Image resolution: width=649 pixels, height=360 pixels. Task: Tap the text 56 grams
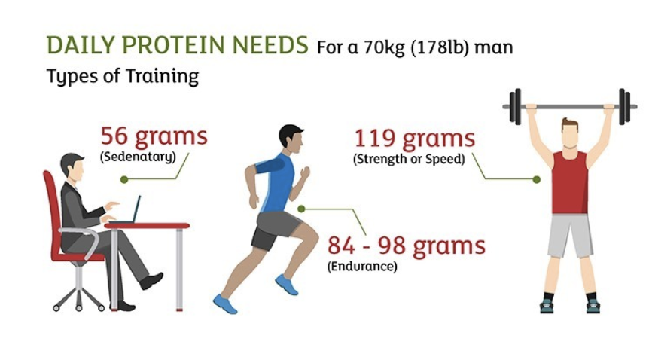click(x=154, y=136)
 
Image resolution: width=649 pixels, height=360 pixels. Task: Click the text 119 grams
click(x=415, y=139)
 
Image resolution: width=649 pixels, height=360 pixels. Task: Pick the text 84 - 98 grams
click(x=406, y=246)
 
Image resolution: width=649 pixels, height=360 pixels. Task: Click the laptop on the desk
click(x=129, y=212)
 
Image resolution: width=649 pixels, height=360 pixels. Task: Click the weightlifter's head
click(x=569, y=132)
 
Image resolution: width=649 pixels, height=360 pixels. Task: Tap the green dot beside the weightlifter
click(x=536, y=179)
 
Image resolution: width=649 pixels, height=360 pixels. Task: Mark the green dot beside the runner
click(x=301, y=209)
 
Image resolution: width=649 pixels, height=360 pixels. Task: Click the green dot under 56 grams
click(x=124, y=179)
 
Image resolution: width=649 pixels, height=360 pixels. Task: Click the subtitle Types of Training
click(x=123, y=77)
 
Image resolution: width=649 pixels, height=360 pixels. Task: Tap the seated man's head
click(x=72, y=166)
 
